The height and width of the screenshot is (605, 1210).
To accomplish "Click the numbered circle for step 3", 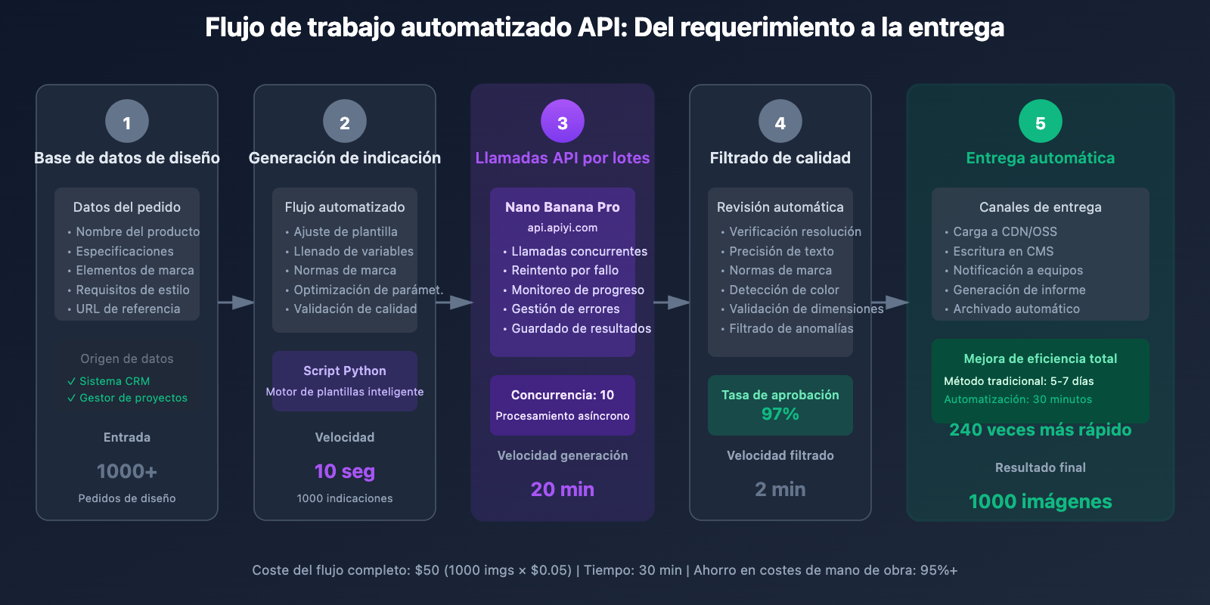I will coord(563,122).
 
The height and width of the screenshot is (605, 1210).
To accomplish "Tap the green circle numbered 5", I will coord(1040,122).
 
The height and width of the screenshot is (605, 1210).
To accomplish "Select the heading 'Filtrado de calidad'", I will coord(780,158).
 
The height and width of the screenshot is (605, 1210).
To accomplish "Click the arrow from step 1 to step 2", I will coord(236,302).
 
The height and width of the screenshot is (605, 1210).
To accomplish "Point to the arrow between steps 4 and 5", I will coord(890,302).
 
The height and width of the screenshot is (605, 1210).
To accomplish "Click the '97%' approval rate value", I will coord(780,414).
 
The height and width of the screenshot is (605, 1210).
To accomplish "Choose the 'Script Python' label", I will coord(344,371).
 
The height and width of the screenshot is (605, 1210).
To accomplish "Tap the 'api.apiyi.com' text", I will coord(562,228).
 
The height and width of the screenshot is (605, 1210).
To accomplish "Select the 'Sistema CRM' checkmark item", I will coord(114,381).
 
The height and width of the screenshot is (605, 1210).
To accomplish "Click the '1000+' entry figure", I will coord(126,471).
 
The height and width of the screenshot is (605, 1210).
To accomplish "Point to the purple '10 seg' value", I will coord(344,471).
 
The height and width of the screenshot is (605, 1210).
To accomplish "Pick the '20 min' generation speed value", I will coord(562,489).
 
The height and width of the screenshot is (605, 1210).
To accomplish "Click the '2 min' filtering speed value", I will coord(780,489).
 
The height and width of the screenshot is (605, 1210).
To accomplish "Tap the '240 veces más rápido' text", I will coord(1040,430).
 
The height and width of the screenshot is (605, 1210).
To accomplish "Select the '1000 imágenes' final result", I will coord(1040,501).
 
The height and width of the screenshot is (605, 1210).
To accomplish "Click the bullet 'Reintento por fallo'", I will coord(564,270).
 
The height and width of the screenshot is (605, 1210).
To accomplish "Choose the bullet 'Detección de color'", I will coord(783,290).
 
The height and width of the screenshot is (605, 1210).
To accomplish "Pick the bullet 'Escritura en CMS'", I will coord(1003,251).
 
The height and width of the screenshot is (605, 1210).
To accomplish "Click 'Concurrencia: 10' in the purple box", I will coord(562,395).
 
